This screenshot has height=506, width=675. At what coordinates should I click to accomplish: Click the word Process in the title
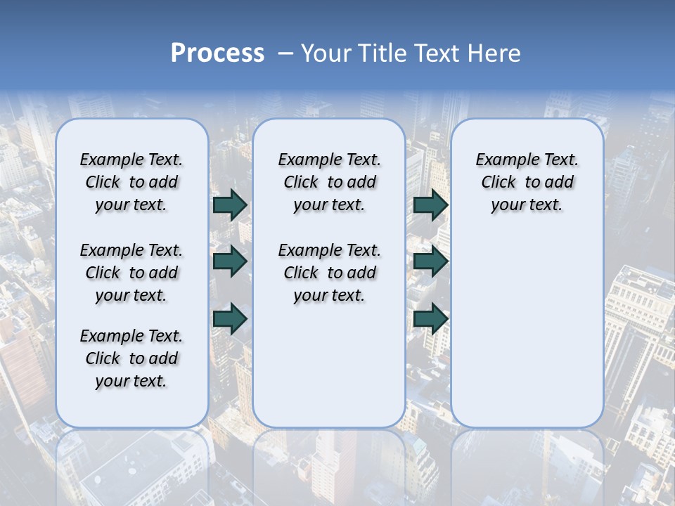(x=217, y=53)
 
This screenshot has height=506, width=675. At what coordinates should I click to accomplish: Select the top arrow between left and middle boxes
(x=230, y=205)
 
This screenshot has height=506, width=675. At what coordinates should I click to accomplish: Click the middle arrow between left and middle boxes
(x=230, y=261)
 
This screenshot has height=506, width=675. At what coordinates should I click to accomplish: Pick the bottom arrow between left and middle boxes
(x=230, y=318)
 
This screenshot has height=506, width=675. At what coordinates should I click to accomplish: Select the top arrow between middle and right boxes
(x=430, y=205)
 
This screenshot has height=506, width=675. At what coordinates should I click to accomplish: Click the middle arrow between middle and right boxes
(x=430, y=261)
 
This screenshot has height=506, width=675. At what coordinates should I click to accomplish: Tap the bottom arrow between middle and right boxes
(x=430, y=318)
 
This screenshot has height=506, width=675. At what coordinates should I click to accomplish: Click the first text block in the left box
(x=131, y=182)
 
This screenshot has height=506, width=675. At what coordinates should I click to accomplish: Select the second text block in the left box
(x=131, y=273)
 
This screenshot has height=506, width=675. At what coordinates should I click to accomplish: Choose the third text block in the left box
(x=131, y=358)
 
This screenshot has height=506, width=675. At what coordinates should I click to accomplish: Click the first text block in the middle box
(x=329, y=182)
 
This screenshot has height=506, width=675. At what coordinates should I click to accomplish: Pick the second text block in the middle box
(x=329, y=273)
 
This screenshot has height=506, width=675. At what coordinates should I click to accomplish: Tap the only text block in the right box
(x=527, y=182)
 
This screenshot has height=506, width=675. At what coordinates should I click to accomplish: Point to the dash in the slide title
(x=285, y=53)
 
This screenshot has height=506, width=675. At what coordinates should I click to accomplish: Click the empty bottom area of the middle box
(x=329, y=372)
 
